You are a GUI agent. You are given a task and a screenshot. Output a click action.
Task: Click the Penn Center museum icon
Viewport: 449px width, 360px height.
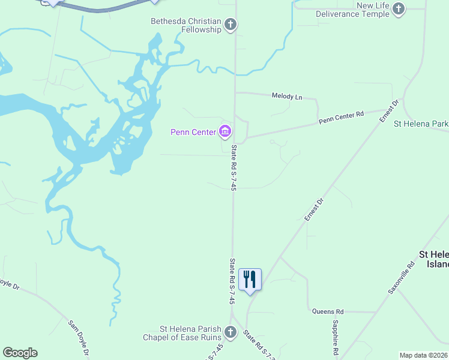point(225,131)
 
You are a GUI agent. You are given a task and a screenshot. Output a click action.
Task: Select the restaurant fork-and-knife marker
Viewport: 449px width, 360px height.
point(250,280)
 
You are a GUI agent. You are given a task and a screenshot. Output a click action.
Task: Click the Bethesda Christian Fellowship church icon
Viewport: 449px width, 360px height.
point(231,25)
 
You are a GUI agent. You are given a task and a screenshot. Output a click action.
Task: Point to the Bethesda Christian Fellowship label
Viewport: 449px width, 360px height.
point(186,25)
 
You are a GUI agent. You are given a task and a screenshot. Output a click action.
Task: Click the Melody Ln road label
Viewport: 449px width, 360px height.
point(287,96)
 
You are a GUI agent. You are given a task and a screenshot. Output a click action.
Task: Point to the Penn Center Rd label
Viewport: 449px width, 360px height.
point(341,117)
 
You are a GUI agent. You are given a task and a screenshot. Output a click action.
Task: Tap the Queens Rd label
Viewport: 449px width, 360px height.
point(328,311)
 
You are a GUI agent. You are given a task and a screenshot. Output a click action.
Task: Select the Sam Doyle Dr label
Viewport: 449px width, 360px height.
point(79,334)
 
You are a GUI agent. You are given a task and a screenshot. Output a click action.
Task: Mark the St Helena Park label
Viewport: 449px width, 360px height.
point(421,124)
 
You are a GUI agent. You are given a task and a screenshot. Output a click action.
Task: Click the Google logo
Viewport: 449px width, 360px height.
point(20,353)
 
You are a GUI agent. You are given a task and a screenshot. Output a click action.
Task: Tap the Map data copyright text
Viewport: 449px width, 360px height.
point(423,355)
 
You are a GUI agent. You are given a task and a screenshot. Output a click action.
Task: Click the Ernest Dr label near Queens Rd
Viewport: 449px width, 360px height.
point(313,209)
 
